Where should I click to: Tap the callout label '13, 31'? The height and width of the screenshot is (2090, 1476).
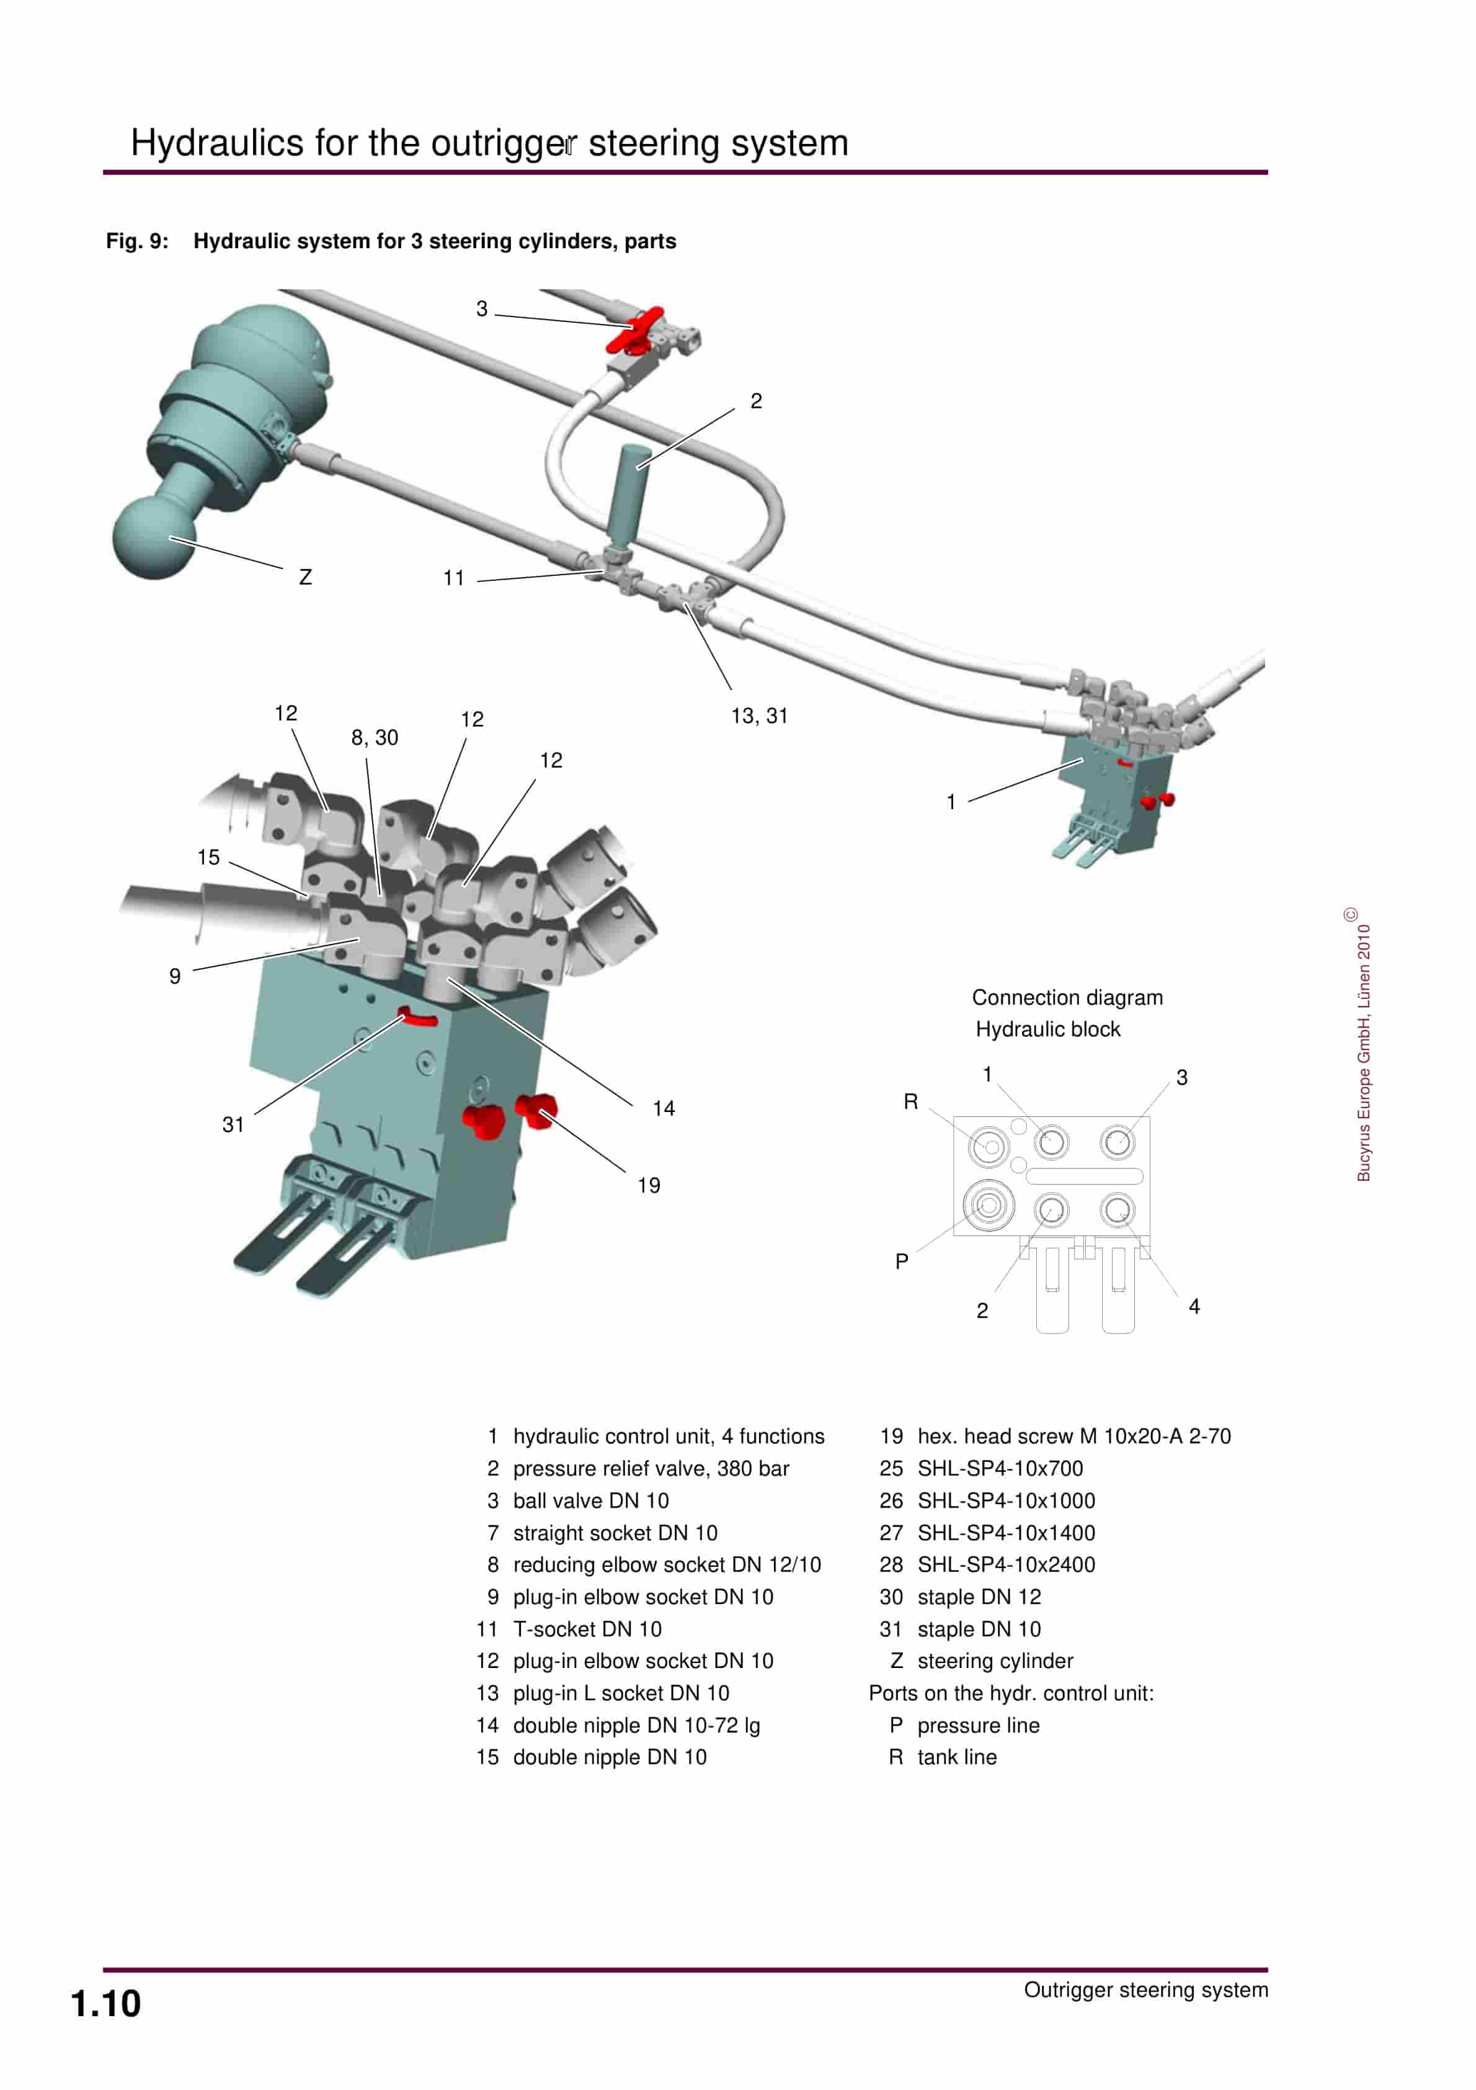[759, 716]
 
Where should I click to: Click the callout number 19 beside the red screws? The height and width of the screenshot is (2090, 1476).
[648, 1185]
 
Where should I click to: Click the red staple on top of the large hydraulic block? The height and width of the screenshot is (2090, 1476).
[418, 1018]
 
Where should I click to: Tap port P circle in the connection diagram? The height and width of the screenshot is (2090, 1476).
[989, 1205]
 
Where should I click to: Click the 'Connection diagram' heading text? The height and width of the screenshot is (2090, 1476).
[1067, 998]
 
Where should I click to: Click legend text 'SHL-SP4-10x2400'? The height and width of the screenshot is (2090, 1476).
[1005, 1565]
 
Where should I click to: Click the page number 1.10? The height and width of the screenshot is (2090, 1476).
[105, 2004]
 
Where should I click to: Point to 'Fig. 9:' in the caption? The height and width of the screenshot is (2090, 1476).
[136, 241]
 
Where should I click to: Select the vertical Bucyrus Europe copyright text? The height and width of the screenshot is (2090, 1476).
[1363, 1047]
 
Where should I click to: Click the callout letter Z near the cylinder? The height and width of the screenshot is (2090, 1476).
[306, 577]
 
